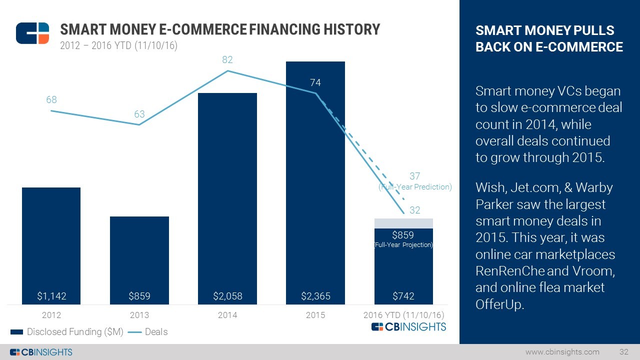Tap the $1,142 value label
click(x=51, y=296)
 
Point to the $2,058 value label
click(x=227, y=296)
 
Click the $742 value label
click(x=403, y=296)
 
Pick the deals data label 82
click(x=227, y=60)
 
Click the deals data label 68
click(x=51, y=100)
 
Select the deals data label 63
click(x=139, y=114)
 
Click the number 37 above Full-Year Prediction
click(x=414, y=176)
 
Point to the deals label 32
click(x=414, y=210)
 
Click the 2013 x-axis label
click(x=139, y=315)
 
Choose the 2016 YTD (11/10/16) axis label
click(x=403, y=315)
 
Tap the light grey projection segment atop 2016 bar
click(x=403, y=223)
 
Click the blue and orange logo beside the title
click(x=32, y=33)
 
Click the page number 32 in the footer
click(x=623, y=352)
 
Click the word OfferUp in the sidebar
click(x=499, y=304)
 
